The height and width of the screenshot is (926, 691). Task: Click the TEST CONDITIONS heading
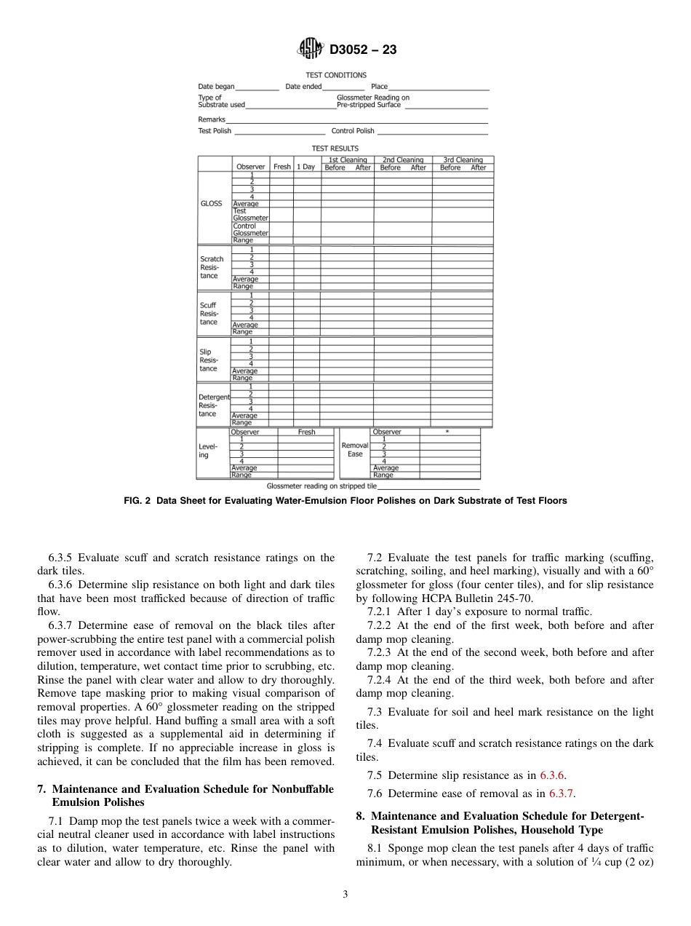coord(336,75)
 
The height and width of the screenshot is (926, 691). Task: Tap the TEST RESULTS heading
coord(335,149)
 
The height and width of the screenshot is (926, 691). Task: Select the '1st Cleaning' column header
coord(348,159)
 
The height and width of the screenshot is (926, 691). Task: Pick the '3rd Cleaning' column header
coord(463,159)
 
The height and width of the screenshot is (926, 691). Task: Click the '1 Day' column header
coord(306,167)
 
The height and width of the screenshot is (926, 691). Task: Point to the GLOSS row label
coord(211,204)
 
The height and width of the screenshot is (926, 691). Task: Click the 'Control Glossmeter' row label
coord(250,229)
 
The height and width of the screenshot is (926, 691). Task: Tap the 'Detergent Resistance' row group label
coord(214,405)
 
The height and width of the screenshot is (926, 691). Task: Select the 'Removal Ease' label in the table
coord(355,449)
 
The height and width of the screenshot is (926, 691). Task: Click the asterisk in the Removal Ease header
coord(447,432)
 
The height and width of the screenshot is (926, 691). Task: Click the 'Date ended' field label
coord(303,87)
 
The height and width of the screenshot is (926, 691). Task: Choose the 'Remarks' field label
coord(211,119)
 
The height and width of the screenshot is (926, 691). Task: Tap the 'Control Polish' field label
coord(353,131)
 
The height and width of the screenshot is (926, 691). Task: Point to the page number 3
coord(345,895)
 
